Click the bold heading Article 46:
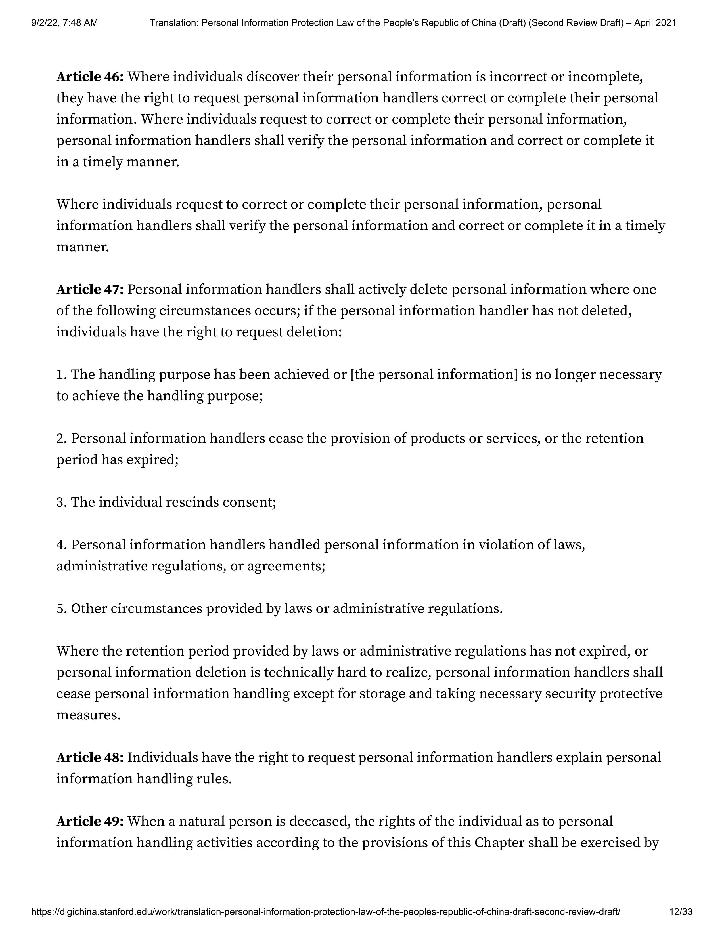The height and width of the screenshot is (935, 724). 90,77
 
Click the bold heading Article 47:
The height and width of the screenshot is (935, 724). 90,290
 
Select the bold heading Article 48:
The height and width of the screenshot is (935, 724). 90,757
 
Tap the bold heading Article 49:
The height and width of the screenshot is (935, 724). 90,821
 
